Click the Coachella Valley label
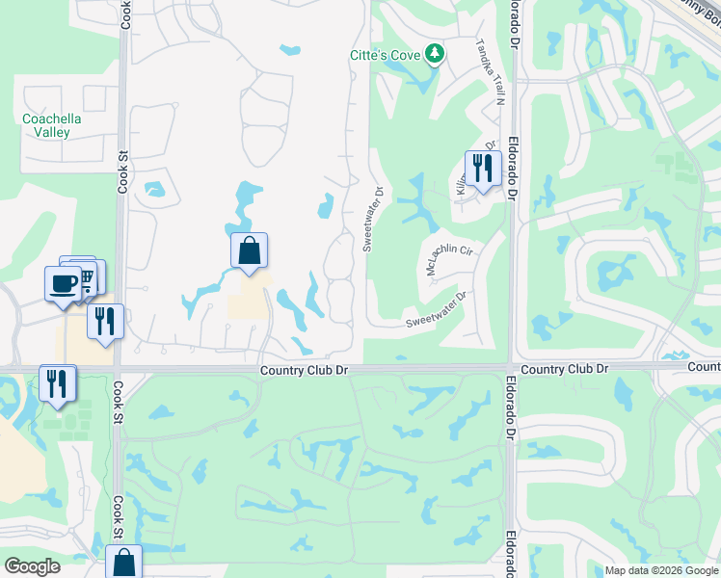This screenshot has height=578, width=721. click(x=51, y=125)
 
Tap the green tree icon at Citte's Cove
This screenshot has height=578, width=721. click(x=435, y=54)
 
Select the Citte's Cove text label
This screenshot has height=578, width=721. click(x=385, y=55)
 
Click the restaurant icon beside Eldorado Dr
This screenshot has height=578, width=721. click(x=482, y=168)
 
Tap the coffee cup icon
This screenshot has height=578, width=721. click(x=64, y=283)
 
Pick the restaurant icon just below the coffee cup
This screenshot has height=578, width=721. click(x=105, y=320)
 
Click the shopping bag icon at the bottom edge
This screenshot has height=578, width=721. click(x=124, y=563)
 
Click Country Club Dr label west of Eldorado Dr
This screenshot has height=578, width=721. click(x=302, y=371)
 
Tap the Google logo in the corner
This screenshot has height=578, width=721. click(x=32, y=566)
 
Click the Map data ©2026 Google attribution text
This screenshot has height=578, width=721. click(x=660, y=571)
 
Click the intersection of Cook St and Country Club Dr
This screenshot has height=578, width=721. click(x=119, y=368)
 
